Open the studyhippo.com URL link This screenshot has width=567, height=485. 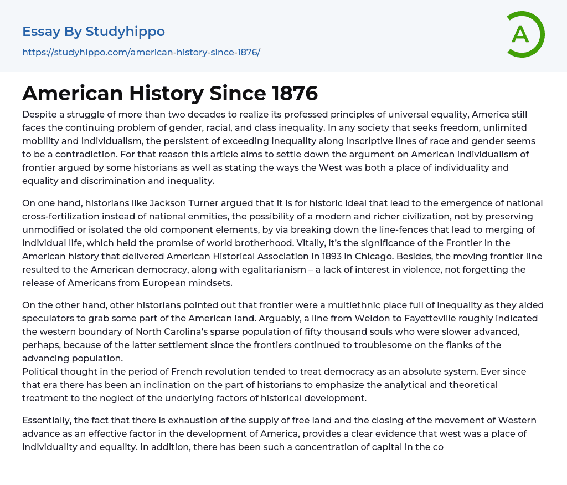[x=141, y=52]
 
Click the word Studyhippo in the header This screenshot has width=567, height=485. [x=125, y=32]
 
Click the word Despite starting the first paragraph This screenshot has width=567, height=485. [x=39, y=114]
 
